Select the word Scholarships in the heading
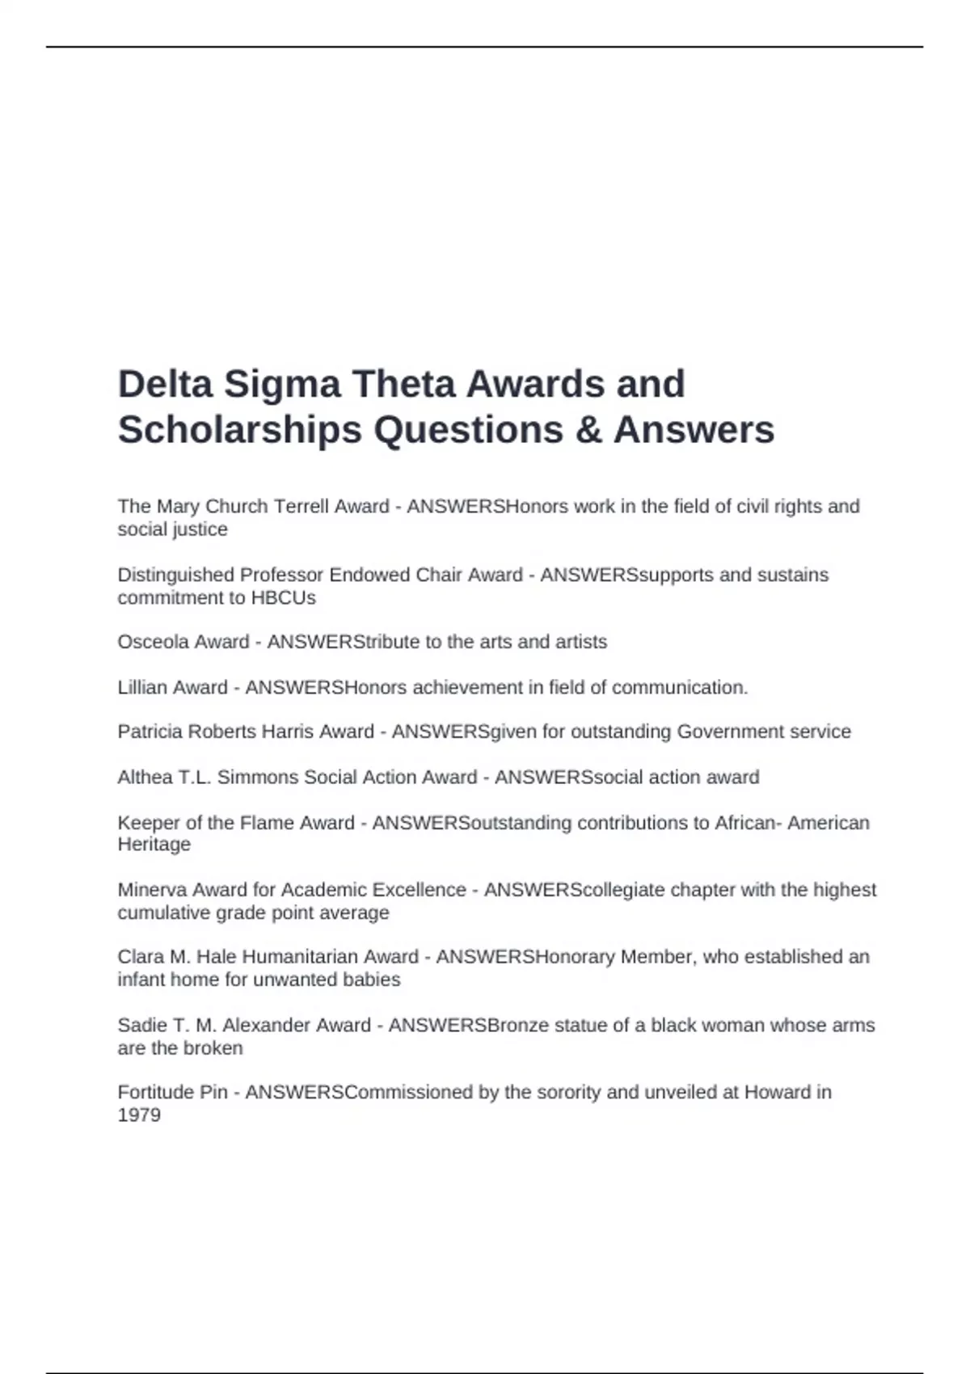[239, 430]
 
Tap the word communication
[679, 688]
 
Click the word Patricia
[150, 731]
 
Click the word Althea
[143, 778]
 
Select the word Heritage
[154, 845]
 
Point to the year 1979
[138, 1115]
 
